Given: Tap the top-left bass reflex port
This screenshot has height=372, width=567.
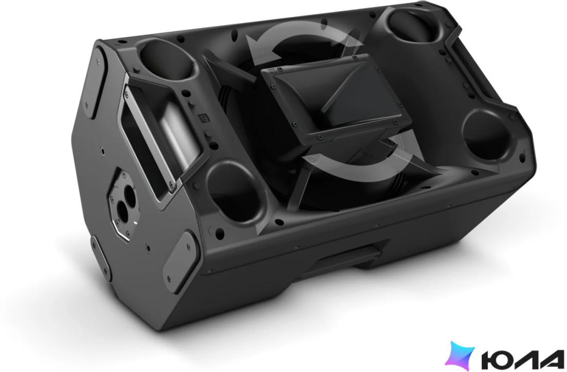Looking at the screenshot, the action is pos(164,60).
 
